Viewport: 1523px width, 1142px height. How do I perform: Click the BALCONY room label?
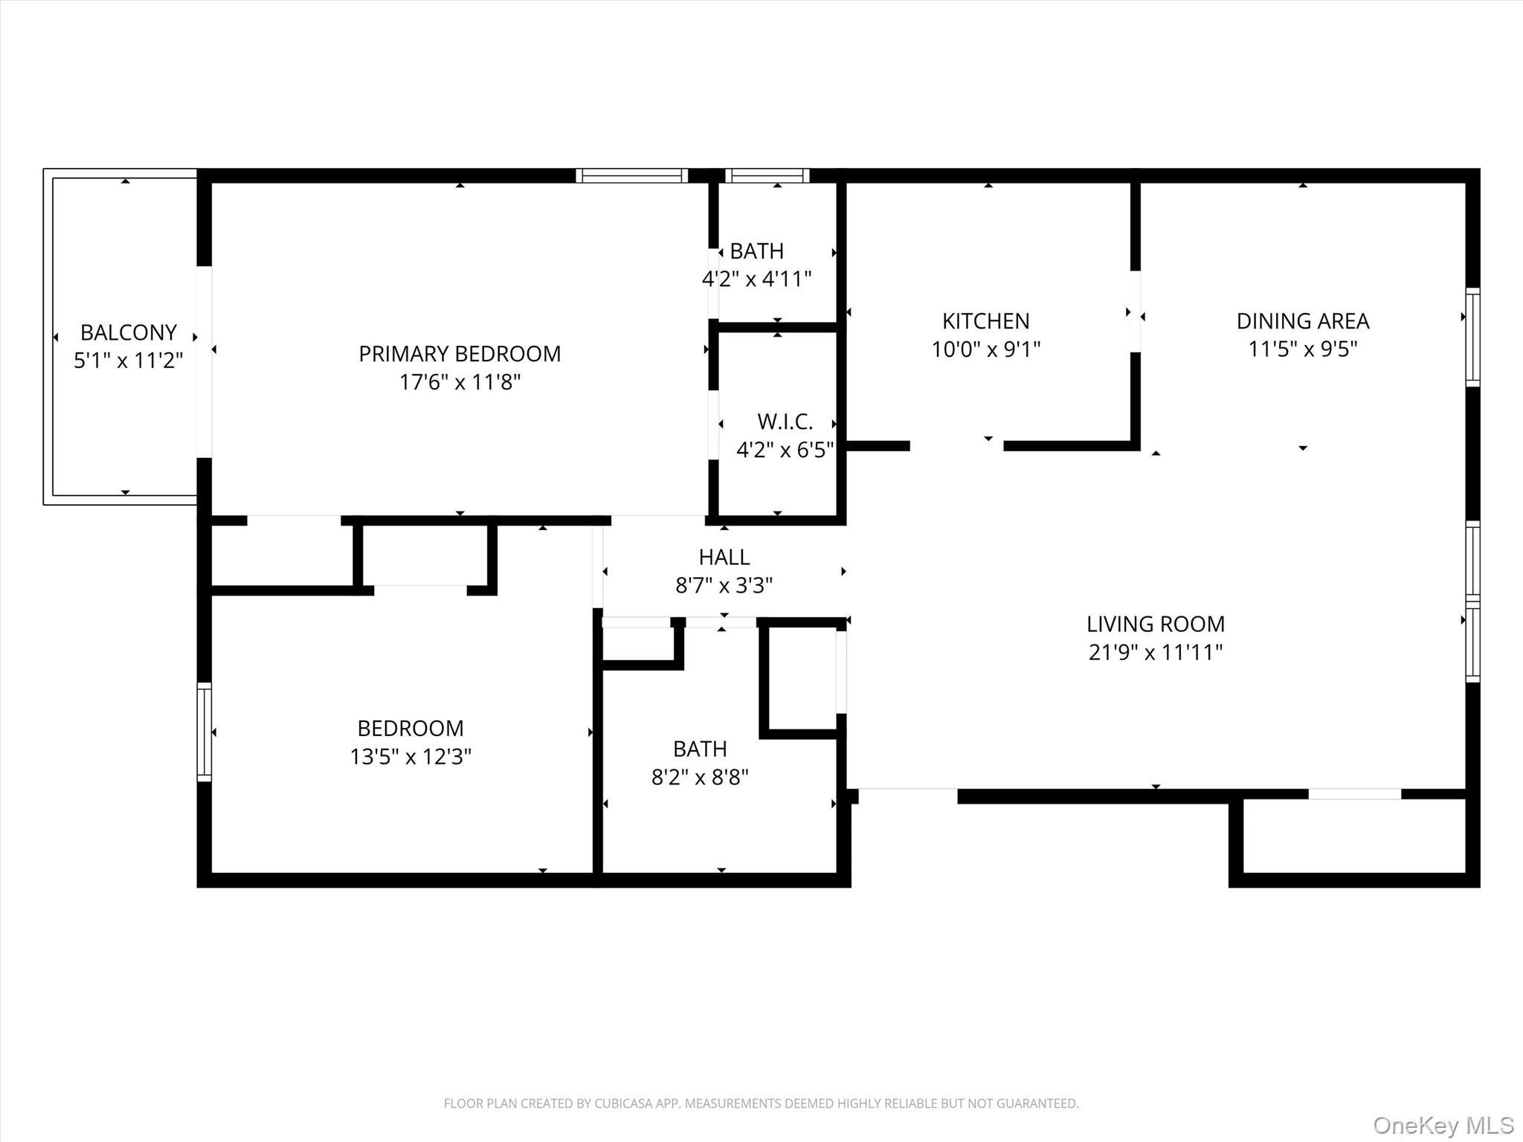pos(129,332)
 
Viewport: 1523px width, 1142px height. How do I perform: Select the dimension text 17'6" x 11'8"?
pos(460,382)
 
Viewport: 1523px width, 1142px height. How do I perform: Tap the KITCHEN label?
pos(985,321)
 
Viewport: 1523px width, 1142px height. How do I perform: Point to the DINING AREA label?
pos(1302,321)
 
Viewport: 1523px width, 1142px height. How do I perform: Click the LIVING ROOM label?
pos(1155,624)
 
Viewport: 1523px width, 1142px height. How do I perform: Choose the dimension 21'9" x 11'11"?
pos(1155,652)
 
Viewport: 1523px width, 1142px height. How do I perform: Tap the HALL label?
pos(724,557)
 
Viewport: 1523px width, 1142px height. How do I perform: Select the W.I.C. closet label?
pos(785,422)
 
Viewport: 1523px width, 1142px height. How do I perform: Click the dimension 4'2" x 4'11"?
pos(756,279)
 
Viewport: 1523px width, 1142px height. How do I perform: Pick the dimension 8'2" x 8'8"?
pos(700,777)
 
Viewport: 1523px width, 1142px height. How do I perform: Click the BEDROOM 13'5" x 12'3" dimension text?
pos(410,756)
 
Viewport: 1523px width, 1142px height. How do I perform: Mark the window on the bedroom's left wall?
pos(204,732)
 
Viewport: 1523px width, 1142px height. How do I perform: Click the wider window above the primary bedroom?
pos(631,176)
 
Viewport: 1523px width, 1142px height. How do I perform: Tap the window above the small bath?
pos(767,176)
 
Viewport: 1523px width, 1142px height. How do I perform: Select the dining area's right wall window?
pos(1472,337)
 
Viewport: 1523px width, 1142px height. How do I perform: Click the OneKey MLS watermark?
pos(1443,1125)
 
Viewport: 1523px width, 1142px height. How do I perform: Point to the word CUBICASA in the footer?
pos(622,1103)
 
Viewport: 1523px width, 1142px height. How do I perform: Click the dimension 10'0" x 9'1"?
pos(985,349)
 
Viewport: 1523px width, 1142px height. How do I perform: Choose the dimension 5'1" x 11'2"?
pos(129,361)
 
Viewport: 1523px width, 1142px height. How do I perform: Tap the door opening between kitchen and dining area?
pos(1135,312)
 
